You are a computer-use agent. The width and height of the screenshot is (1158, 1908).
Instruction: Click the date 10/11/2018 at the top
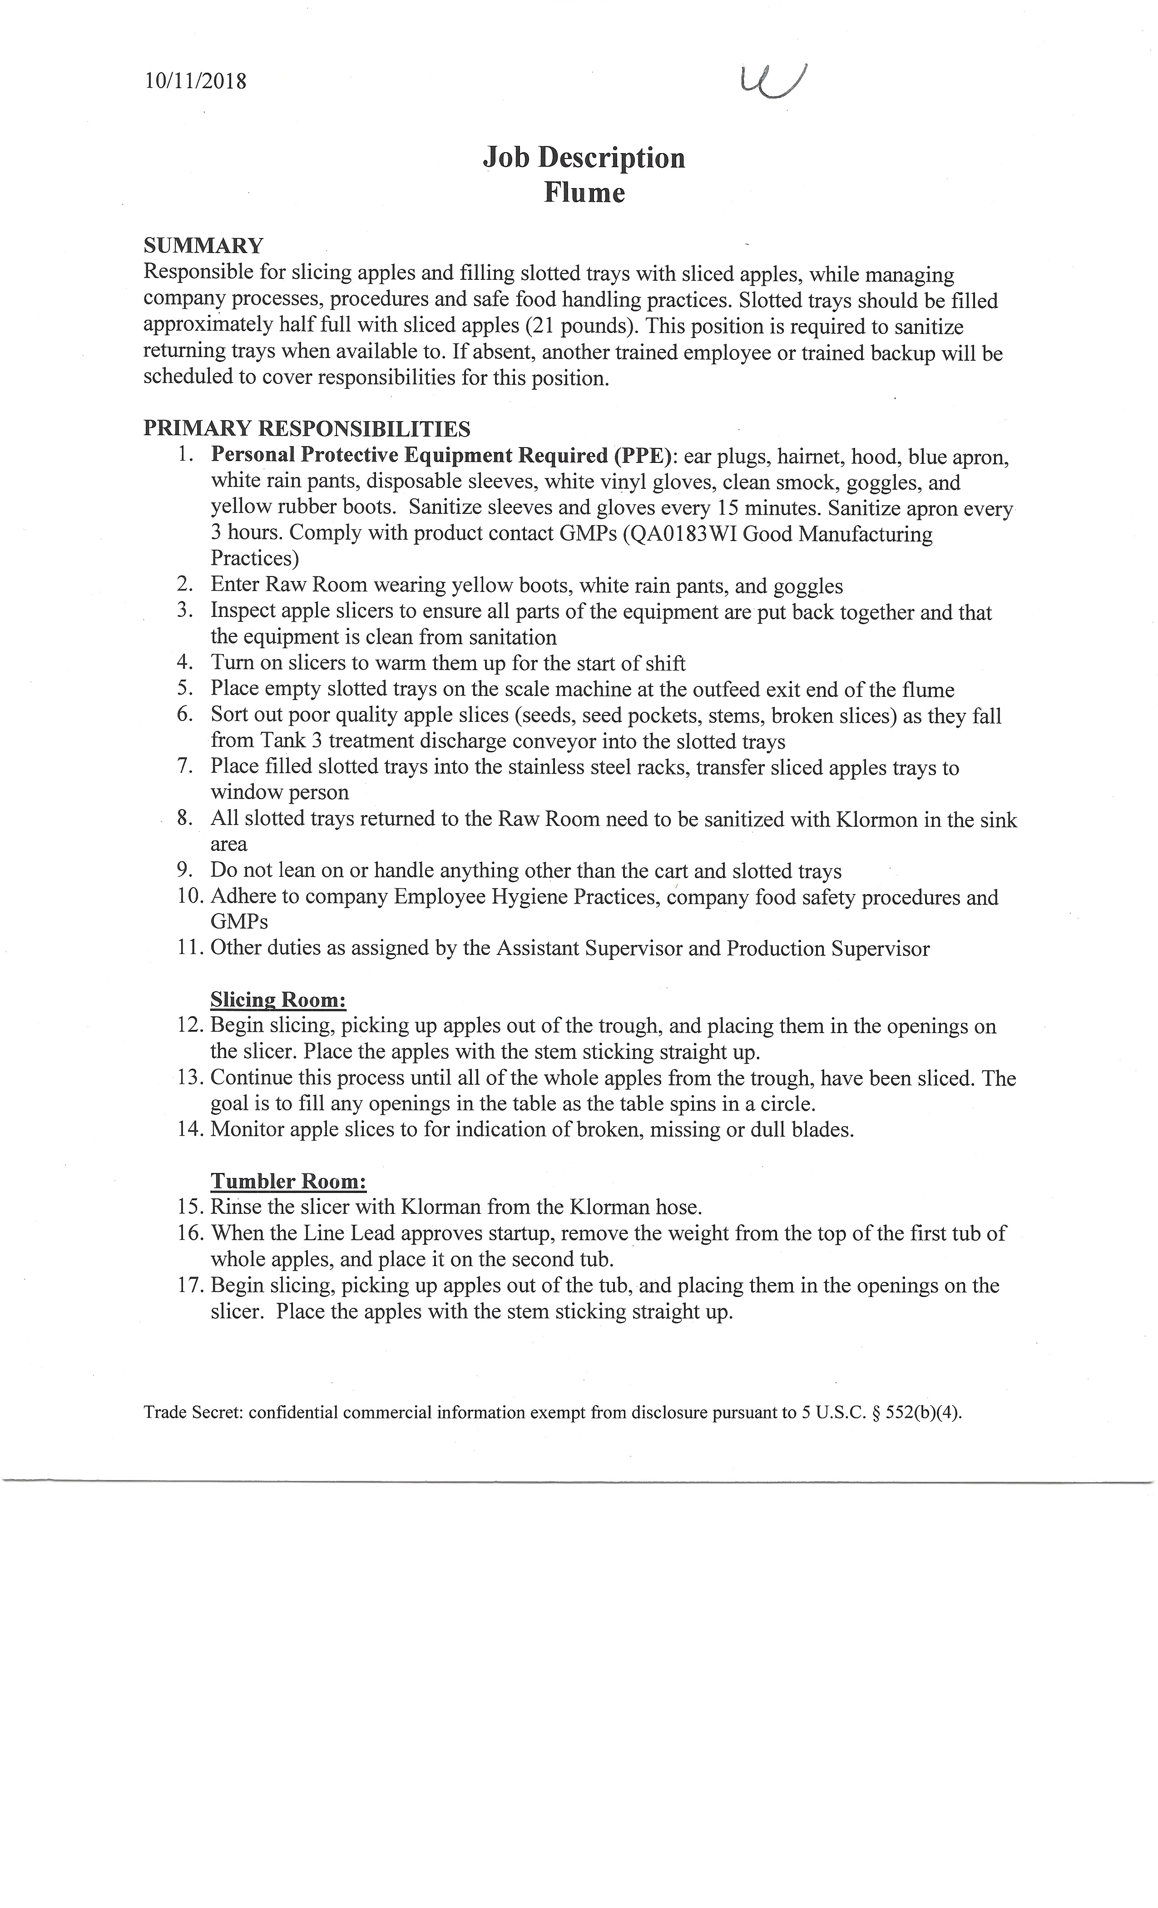tap(195, 81)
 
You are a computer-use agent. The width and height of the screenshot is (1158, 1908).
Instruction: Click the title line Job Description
tap(584, 158)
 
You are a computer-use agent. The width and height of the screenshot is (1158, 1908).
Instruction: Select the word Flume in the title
tap(584, 192)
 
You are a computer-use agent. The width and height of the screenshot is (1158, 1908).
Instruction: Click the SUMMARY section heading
tap(203, 246)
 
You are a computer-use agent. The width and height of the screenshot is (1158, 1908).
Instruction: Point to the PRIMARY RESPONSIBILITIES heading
tap(307, 428)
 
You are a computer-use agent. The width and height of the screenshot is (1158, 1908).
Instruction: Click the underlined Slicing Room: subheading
tap(278, 1000)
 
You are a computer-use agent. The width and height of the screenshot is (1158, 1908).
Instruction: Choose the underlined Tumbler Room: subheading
tap(288, 1182)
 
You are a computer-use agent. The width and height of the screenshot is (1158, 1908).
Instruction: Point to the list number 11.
tap(190, 948)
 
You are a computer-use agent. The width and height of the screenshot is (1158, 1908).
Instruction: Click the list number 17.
tap(190, 1286)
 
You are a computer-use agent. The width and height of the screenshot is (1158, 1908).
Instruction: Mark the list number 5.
tap(184, 689)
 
